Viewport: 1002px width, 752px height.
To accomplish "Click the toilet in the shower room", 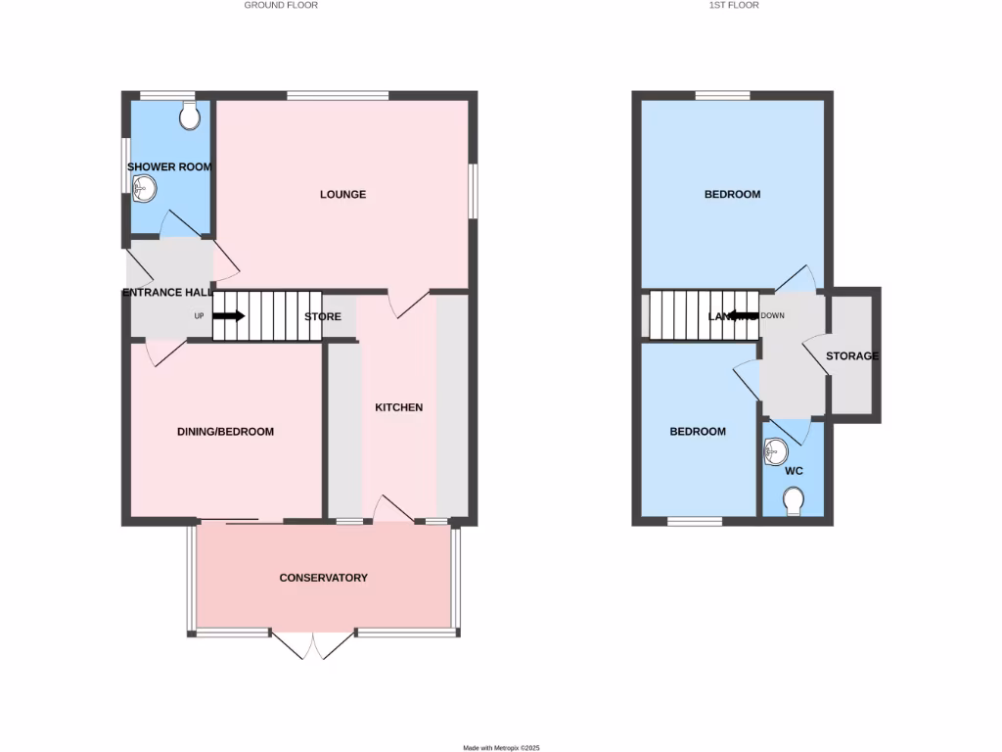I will (x=191, y=117).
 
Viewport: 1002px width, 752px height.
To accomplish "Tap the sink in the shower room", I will (x=143, y=192).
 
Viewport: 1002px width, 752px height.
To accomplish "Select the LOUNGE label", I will (x=342, y=195).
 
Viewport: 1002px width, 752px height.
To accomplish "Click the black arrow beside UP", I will (x=229, y=316).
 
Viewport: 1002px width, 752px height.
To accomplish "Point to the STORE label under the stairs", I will (x=323, y=317).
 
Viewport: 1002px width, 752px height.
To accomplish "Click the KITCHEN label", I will (x=399, y=407).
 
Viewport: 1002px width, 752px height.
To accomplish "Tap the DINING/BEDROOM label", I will (x=225, y=432).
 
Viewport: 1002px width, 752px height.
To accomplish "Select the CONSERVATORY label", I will (x=324, y=578).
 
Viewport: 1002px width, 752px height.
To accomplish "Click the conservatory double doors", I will (x=313, y=646).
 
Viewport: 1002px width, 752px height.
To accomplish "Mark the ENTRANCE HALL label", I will (x=167, y=293).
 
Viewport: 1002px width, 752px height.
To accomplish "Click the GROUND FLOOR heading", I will (x=281, y=5).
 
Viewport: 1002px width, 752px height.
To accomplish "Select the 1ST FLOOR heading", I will (x=733, y=5).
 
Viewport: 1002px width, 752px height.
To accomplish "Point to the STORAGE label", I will (x=851, y=356).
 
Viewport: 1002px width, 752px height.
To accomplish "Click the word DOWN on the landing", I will (x=772, y=316).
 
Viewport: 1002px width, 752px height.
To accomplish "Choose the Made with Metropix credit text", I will (x=501, y=747).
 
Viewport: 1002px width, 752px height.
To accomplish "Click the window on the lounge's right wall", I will (x=474, y=191).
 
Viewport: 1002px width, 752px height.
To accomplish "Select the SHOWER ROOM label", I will (x=169, y=167).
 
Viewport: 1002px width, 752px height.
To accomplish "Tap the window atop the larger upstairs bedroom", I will (x=723, y=95).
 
